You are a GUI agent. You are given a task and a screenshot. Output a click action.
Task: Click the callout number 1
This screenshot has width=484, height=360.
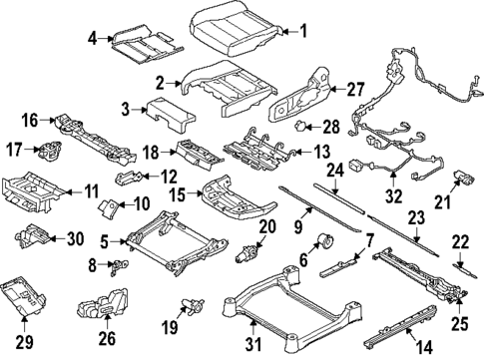click(304, 31)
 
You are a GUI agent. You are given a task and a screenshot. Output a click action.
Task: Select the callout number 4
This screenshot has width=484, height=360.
click(92, 39)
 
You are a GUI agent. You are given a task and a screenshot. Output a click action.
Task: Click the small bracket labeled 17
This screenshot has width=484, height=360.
click(46, 152)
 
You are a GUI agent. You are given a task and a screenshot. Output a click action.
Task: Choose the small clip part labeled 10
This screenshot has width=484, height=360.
click(109, 208)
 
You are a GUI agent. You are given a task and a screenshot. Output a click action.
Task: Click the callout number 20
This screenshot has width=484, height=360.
click(265, 227)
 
